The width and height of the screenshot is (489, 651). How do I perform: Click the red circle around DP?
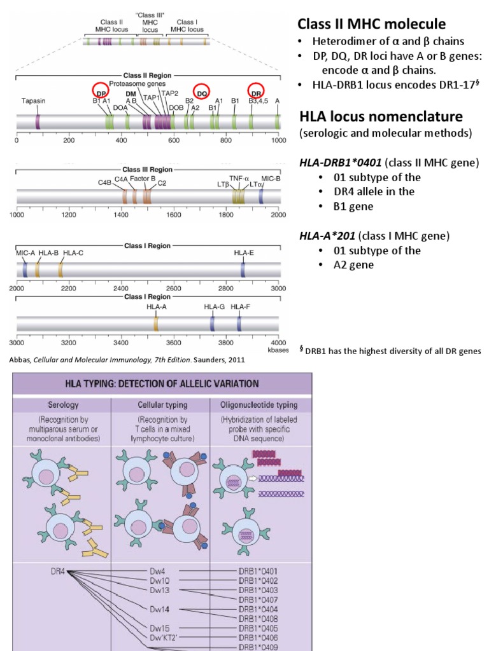[99, 91]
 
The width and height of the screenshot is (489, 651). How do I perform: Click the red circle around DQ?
[202, 92]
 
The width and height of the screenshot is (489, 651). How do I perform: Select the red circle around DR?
[257, 91]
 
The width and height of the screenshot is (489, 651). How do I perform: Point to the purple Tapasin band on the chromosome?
[38, 121]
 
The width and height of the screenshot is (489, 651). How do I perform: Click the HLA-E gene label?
[244, 253]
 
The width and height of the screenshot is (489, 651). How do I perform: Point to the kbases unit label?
[274, 350]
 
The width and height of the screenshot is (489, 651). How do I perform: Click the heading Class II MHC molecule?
[372, 25]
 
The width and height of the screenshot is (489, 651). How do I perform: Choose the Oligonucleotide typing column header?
[261, 404]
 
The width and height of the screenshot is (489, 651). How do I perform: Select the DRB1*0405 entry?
[257, 627]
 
